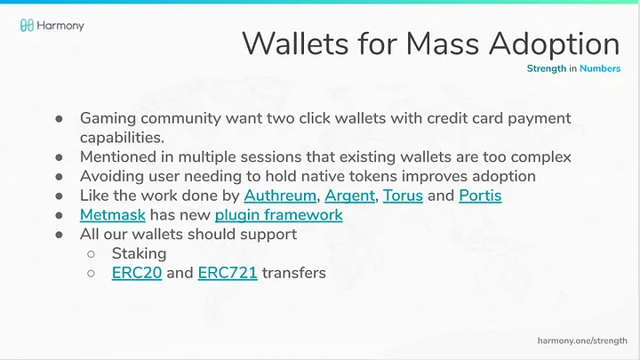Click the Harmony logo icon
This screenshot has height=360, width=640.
[x=27, y=25]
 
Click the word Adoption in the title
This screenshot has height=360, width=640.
[x=555, y=44]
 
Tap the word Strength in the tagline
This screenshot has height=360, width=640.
[x=547, y=68]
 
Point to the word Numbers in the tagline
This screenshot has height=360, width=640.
[x=600, y=68]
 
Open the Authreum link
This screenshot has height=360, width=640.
[x=280, y=196]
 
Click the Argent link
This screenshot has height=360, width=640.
[x=350, y=196]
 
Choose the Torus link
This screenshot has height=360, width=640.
[x=403, y=196]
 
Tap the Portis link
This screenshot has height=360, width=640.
[x=480, y=196]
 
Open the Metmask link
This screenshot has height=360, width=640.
[x=113, y=215]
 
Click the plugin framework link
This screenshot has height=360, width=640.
[x=279, y=215]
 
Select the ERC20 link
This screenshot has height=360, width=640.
[x=137, y=273]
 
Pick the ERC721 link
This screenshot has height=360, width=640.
[x=228, y=273]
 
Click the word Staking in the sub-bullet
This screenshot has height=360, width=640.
[x=140, y=254]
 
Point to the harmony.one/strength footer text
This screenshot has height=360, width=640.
[x=582, y=340]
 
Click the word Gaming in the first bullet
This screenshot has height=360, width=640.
[x=108, y=119]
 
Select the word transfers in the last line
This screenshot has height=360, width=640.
[x=294, y=273]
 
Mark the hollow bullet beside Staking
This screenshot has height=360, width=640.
[x=91, y=254]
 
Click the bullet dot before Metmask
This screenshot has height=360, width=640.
[x=60, y=215]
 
